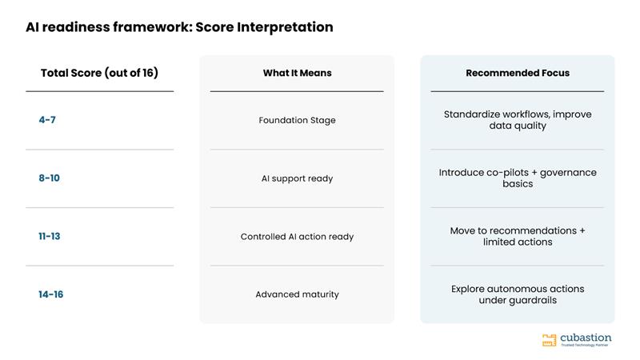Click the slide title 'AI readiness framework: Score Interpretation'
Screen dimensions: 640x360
click(179, 27)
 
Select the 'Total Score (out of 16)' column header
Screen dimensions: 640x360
click(99, 73)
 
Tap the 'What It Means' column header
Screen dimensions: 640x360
click(297, 73)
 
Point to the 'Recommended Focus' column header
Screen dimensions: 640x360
click(518, 73)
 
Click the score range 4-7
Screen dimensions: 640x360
click(47, 120)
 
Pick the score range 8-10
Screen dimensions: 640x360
click(49, 178)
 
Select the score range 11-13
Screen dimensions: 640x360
click(49, 236)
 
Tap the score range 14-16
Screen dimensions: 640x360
click(50, 294)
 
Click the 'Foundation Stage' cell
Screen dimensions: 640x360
click(297, 121)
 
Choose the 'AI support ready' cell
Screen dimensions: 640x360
click(297, 178)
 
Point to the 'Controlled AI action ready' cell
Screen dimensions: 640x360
click(297, 237)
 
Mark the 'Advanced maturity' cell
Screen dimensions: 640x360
click(297, 294)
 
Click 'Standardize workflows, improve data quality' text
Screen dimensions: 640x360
click(518, 120)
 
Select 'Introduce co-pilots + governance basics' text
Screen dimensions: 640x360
click(518, 178)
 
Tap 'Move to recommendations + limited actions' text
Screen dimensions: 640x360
click(518, 236)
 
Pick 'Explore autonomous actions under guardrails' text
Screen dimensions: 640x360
click(518, 294)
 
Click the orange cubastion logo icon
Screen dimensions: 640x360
click(549, 340)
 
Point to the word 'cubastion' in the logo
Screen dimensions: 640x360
click(586, 338)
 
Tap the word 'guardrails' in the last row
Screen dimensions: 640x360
click(535, 301)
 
